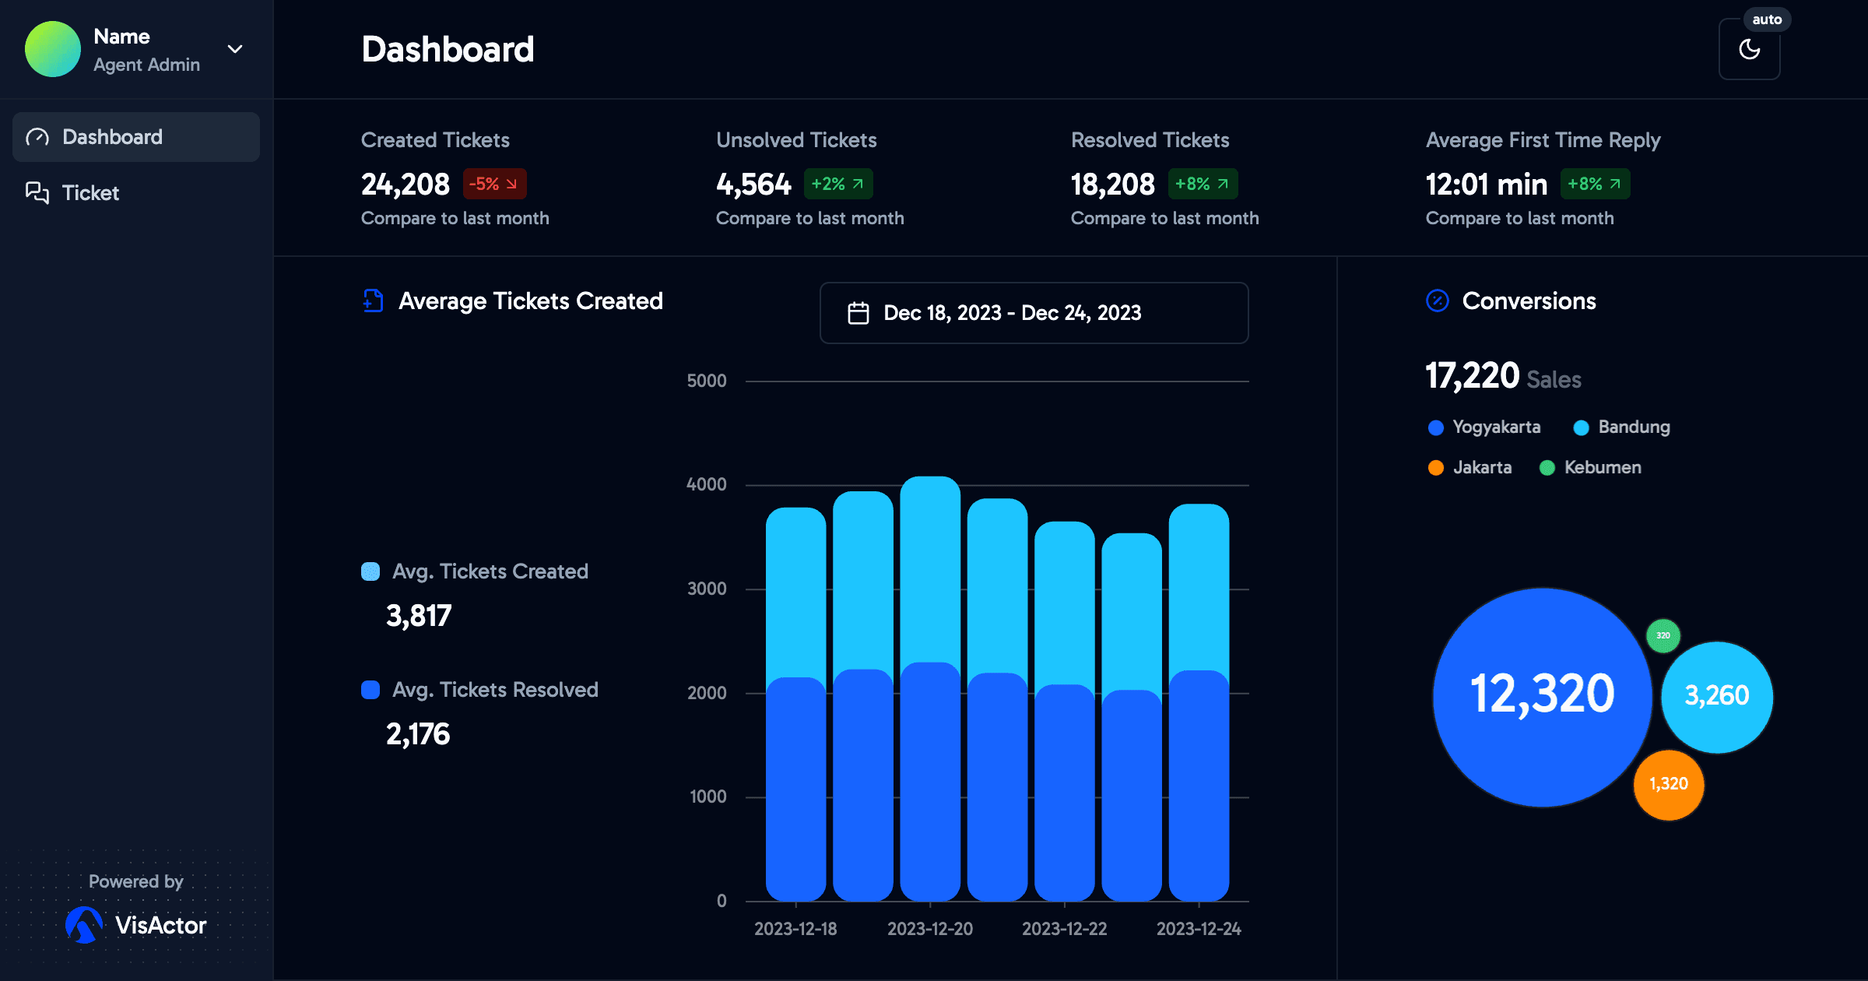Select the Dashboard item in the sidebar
113,137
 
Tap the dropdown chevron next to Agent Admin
234,49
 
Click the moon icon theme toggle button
1749,49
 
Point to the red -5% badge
494,185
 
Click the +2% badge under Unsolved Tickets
837,185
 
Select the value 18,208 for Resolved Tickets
1112,185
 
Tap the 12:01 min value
1486,185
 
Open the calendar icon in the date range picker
858,313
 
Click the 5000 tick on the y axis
706,381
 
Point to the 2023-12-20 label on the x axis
930,929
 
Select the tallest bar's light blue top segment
930,568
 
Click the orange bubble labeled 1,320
1668,784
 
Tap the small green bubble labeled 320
1663,635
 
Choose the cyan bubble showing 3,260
1716,696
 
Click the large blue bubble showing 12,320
1542,696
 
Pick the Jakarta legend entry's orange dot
1436,468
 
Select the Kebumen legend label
1603,468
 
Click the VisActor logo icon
84,925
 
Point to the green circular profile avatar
53,49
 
